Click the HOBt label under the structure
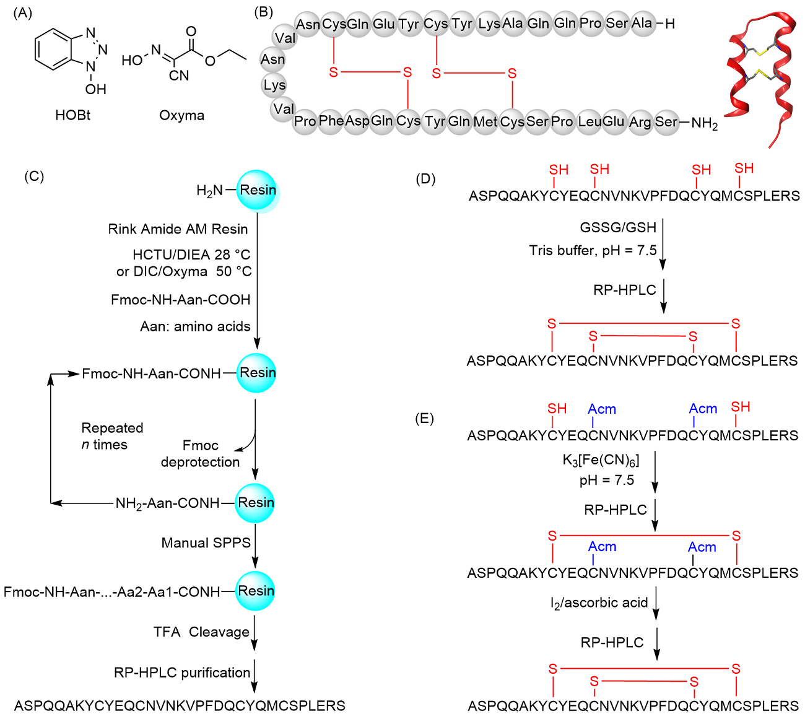(x=72, y=115)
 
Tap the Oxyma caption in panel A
(x=181, y=115)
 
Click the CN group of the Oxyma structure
(x=179, y=76)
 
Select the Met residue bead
(x=485, y=121)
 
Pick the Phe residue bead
(x=331, y=121)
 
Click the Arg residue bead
(x=640, y=122)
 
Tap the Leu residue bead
(x=589, y=121)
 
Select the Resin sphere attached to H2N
(x=258, y=190)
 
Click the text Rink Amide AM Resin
(x=178, y=229)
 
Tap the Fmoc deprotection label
(x=200, y=453)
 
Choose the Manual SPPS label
(x=206, y=543)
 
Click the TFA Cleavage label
(x=201, y=632)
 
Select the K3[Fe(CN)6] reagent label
(x=600, y=460)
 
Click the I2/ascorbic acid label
(x=599, y=603)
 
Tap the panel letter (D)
(x=425, y=179)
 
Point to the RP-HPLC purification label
(x=182, y=673)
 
